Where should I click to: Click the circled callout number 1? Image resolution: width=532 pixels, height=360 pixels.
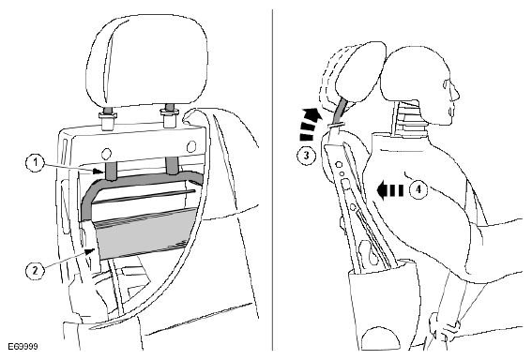pyautogui.click(x=36, y=163)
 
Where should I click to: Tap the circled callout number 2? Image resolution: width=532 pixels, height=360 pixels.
pyautogui.click(x=35, y=270)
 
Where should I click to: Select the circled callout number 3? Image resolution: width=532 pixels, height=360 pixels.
pyautogui.click(x=307, y=156)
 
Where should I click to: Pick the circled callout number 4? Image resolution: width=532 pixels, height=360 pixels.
pyautogui.click(x=418, y=189)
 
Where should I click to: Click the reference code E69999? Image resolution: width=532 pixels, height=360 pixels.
pyautogui.click(x=23, y=347)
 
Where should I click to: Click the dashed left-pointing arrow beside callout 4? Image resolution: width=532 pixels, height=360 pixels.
pyautogui.click(x=389, y=189)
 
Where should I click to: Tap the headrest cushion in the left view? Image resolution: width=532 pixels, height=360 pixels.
pyautogui.click(x=146, y=59)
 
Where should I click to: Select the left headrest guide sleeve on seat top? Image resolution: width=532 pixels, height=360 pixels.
pyautogui.click(x=108, y=119)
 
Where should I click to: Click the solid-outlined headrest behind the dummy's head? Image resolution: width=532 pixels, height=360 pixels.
pyautogui.click(x=360, y=71)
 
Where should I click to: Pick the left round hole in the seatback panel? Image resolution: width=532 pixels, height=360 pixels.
pyautogui.click(x=107, y=154)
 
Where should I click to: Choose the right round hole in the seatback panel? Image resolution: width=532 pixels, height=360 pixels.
pyautogui.click(x=191, y=146)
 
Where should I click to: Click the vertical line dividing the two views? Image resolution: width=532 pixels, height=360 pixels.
pyautogui.click(x=272, y=180)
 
